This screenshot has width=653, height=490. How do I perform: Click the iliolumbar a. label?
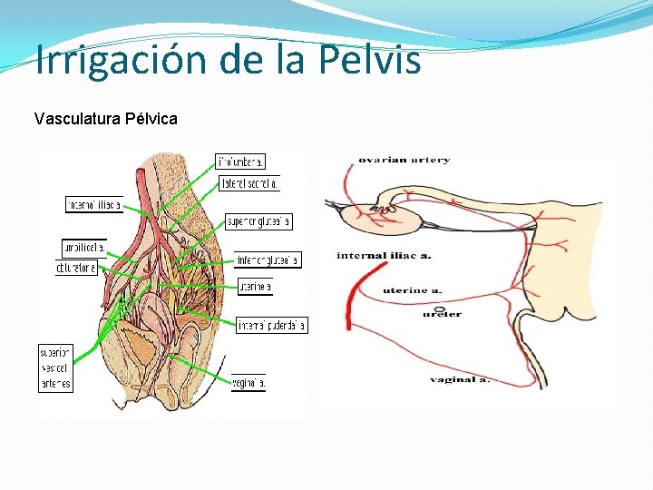[x=240, y=162]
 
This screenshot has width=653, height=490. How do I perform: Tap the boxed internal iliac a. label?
[x=93, y=205]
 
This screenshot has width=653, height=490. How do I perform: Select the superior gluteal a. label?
[x=258, y=221]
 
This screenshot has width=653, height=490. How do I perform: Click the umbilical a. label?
[x=83, y=247]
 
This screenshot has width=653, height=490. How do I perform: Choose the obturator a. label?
[x=76, y=268]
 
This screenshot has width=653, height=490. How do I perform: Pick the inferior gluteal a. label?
[x=268, y=260]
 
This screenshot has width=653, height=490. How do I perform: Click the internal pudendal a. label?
[x=272, y=325]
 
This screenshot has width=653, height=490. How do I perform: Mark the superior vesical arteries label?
[x=55, y=367]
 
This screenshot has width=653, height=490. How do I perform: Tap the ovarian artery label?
[x=404, y=161]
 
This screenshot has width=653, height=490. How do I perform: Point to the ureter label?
[x=442, y=314]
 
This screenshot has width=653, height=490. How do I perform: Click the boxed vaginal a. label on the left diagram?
[x=249, y=383]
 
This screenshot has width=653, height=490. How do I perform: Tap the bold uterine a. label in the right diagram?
[x=412, y=290]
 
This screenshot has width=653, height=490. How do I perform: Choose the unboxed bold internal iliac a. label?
[x=383, y=256]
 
